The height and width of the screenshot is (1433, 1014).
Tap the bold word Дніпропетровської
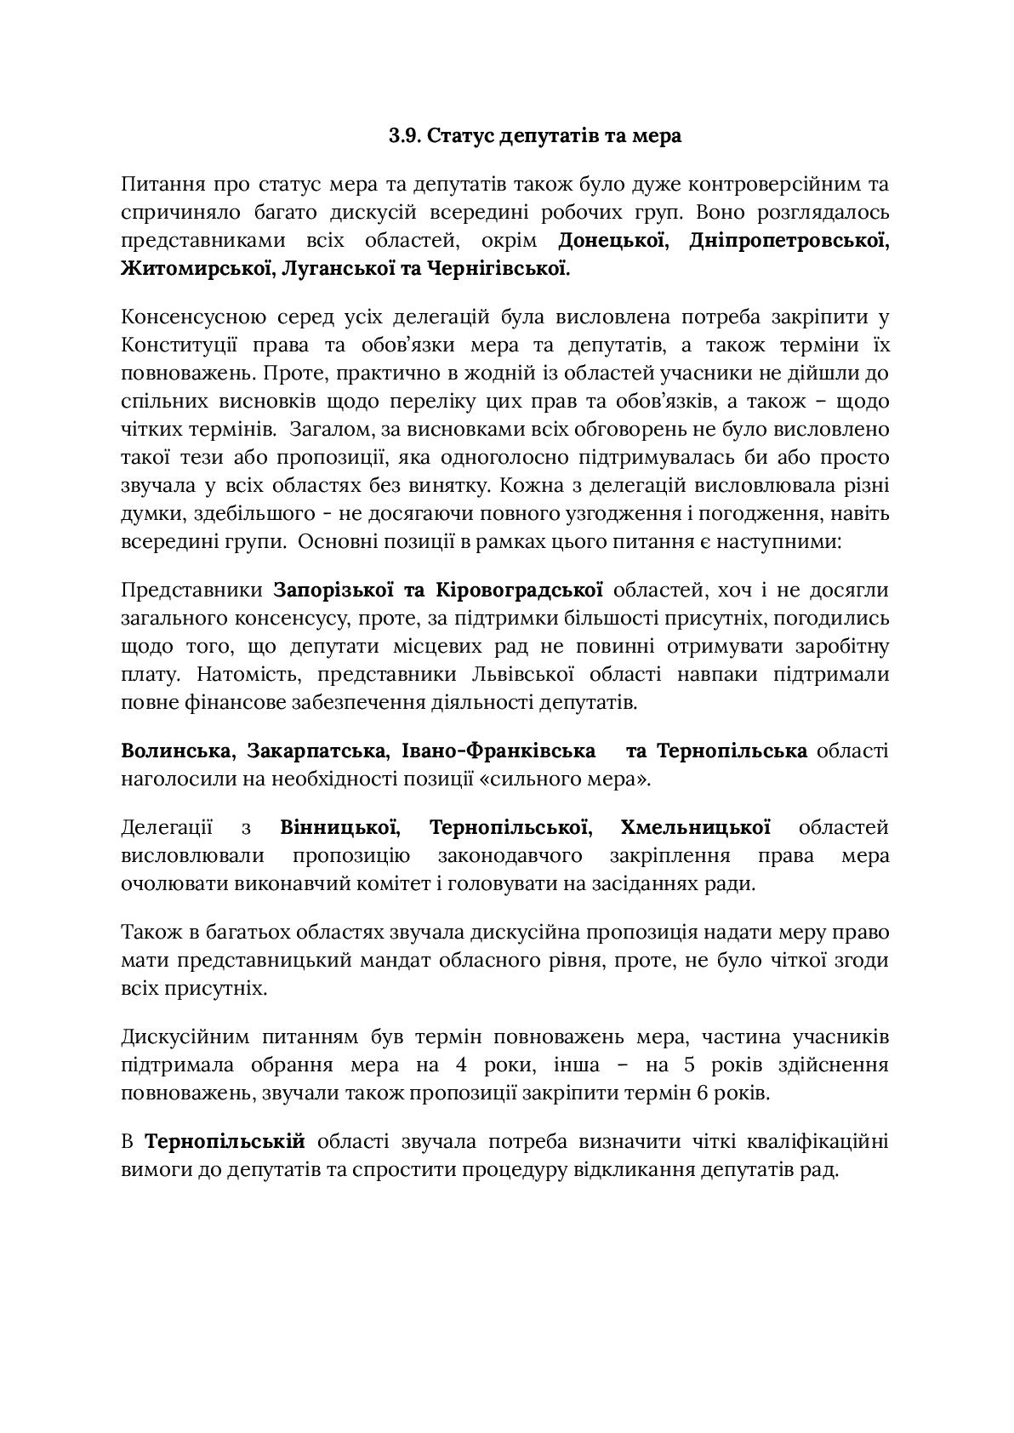coord(788,241)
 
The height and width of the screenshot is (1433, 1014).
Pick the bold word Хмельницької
coord(696,827)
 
